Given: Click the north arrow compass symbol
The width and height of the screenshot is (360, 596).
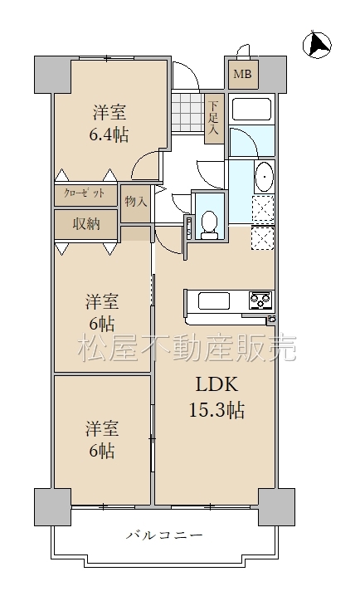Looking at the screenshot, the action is pyautogui.click(x=317, y=45).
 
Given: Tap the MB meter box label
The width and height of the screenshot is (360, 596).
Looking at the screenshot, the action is pyautogui.click(x=242, y=74).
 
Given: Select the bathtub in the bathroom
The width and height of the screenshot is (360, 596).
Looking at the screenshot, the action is pyautogui.click(x=251, y=110).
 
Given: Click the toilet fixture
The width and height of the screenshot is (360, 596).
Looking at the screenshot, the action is pyautogui.click(x=209, y=225).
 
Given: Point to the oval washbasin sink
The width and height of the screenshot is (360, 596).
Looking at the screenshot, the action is pyautogui.click(x=264, y=177).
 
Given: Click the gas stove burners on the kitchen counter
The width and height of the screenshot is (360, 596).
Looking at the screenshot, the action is pyautogui.click(x=260, y=300).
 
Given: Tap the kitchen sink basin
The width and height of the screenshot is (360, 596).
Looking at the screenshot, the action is pyautogui.click(x=213, y=301).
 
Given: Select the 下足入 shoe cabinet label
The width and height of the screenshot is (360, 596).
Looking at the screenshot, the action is pyautogui.click(x=214, y=118).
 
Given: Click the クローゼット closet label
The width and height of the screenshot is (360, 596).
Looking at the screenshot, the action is pyautogui.click(x=85, y=193).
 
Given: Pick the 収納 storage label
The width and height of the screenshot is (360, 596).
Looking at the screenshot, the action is pyautogui.click(x=86, y=224).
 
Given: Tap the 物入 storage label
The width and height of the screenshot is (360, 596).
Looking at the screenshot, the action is pyautogui.click(x=136, y=202).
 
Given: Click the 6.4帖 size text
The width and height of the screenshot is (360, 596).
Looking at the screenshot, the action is pyautogui.click(x=109, y=134).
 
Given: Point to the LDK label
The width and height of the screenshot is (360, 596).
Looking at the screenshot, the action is pyautogui.click(x=216, y=384).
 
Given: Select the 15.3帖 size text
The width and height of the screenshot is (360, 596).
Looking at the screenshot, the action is pyautogui.click(x=216, y=410).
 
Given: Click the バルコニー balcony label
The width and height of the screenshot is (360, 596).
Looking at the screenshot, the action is pyautogui.click(x=164, y=535).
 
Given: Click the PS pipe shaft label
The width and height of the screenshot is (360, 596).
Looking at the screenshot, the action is pyautogui.click(x=189, y=227).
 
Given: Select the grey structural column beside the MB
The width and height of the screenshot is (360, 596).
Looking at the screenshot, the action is pyautogui.click(x=273, y=75).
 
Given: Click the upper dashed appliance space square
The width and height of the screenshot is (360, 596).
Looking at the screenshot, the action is pyautogui.click(x=263, y=208).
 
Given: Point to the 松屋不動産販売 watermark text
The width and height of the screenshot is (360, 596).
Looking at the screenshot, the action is pyautogui.click(x=187, y=348).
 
